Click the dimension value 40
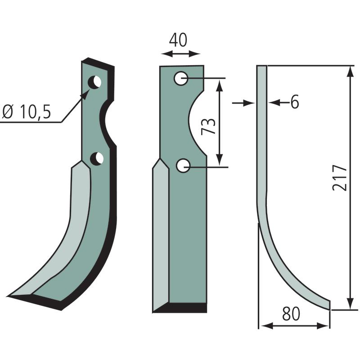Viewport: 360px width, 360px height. pyautogui.click(x=178, y=40)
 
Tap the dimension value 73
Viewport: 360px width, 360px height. pyautogui.click(x=208, y=126)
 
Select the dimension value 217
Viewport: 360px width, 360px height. pyautogui.click(x=339, y=177)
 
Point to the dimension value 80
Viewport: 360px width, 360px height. pyautogui.click(x=291, y=314)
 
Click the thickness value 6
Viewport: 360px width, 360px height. pyautogui.click(x=295, y=102)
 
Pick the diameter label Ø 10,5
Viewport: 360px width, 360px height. pyautogui.click(x=27, y=112)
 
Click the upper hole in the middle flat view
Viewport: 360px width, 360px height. pyautogui.click(x=181, y=78)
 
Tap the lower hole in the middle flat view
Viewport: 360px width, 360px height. pyautogui.click(x=183, y=166)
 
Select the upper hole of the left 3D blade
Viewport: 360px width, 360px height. pyautogui.click(x=95, y=82)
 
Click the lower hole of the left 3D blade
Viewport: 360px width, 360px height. pyautogui.click(x=97, y=159)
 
